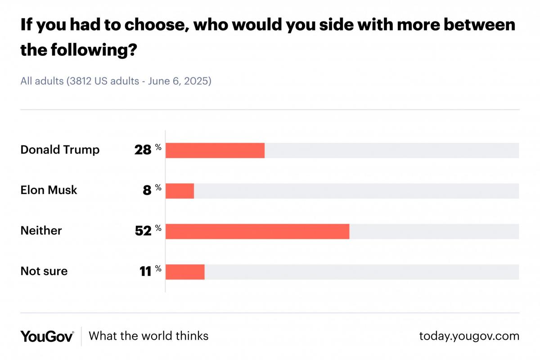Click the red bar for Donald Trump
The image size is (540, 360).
coord(215,150)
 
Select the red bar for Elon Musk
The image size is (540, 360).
coord(180,191)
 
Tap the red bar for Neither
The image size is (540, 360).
coord(257,231)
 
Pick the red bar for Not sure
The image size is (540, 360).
coord(185,272)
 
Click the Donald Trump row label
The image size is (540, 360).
coord(60,150)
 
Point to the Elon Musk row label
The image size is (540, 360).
coord(49,190)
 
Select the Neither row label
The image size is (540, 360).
coord(41,231)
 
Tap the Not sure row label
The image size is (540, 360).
coord(44,271)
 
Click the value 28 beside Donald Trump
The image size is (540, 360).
coord(143,150)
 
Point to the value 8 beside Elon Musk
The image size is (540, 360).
coord(147,191)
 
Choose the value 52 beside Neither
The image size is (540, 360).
coord(143,231)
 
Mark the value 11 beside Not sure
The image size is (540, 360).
coord(145,272)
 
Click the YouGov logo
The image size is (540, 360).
coord(47,336)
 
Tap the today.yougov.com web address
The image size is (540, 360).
coord(469,336)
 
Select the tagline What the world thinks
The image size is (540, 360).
coord(148,336)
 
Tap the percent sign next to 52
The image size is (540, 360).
coord(158,228)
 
